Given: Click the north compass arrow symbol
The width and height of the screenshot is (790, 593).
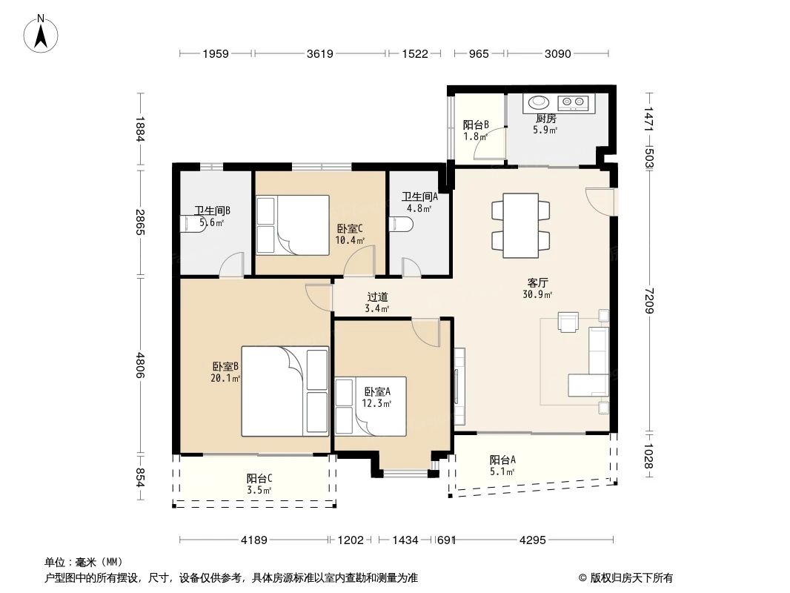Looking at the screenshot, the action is tap(41, 34).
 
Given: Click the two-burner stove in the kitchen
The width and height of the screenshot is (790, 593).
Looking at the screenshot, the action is tap(574, 103).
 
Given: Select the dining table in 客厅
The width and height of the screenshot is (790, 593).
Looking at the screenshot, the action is tap(521, 225).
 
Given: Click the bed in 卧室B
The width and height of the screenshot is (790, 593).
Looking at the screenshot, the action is tap(285, 391).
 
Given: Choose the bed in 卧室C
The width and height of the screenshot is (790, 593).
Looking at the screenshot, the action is tap(293, 225).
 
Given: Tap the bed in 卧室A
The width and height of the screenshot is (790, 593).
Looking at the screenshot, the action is tap(371, 406).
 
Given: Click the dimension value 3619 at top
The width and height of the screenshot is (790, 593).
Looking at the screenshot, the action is tap(320, 53).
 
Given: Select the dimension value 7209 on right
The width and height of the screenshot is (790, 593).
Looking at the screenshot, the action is tap(648, 300).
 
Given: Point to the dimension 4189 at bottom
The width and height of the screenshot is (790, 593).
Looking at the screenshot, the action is tap(254, 540).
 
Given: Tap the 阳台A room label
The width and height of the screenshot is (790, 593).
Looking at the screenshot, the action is tap(502, 460).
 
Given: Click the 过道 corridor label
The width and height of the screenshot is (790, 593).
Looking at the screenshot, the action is tap(377, 297).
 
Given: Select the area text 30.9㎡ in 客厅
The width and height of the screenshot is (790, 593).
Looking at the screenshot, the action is tap(537, 295).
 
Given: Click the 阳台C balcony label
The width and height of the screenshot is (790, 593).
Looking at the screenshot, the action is tap(259, 478).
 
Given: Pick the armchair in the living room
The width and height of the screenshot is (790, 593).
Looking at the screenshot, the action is tap(568, 322).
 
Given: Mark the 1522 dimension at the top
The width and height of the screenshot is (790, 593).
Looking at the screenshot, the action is tap(415, 53).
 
